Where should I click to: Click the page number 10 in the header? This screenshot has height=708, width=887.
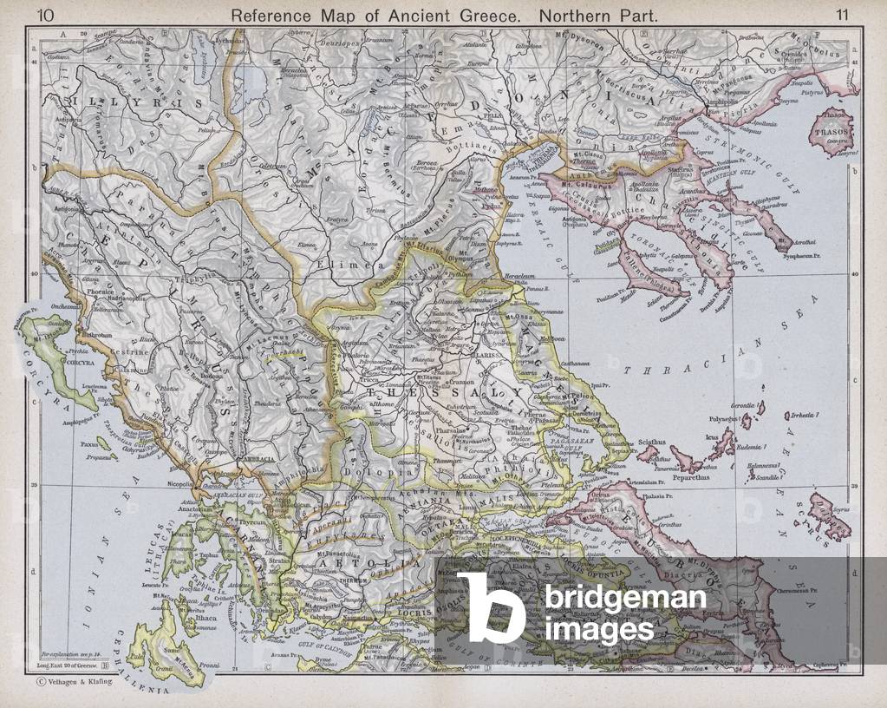(x=45, y=14)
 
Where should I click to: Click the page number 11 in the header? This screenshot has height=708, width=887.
(x=842, y=14)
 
